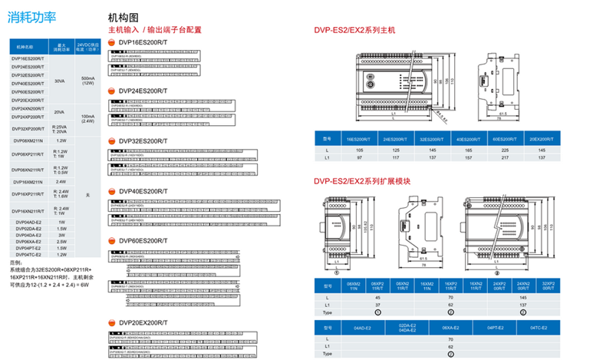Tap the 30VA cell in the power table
click(60, 80)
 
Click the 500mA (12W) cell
click(87, 80)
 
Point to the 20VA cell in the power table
click(60, 112)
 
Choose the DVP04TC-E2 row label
click(28, 254)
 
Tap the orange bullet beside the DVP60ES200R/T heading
click(112, 241)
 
